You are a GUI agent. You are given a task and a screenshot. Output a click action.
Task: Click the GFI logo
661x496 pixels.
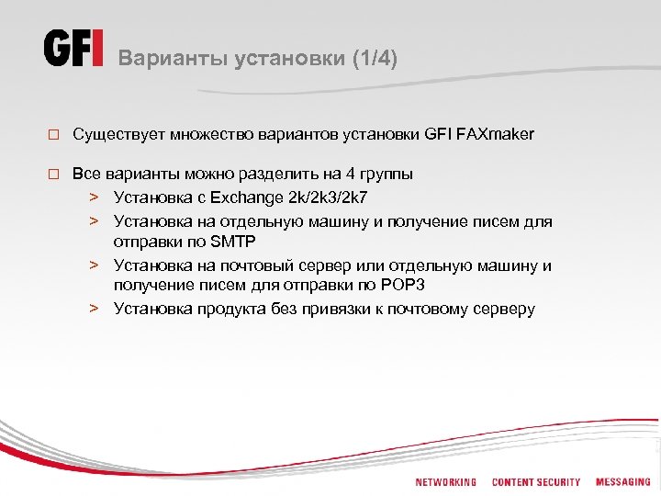click(x=74, y=48)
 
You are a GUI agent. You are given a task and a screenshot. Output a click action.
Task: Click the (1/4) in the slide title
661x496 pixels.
click(x=375, y=58)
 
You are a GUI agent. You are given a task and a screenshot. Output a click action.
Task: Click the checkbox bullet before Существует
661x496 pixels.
click(x=53, y=135)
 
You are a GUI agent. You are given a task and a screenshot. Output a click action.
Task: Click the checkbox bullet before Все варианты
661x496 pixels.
click(x=53, y=174)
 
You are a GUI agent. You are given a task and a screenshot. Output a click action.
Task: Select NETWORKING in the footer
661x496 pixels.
click(x=446, y=482)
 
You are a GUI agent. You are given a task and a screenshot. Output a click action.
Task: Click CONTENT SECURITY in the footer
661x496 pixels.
click(x=536, y=482)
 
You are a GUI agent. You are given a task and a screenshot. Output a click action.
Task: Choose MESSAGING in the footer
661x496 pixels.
click(x=622, y=482)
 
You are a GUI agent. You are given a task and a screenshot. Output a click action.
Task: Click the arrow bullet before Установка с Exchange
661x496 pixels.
click(x=94, y=197)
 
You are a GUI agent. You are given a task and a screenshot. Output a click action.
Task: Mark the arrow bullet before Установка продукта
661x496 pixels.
click(x=94, y=309)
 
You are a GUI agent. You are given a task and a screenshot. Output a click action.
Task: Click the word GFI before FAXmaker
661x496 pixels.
click(x=436, y=135)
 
